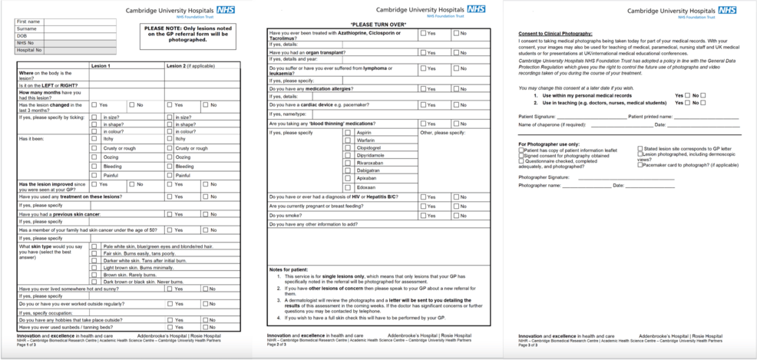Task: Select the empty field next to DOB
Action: pos(85,36)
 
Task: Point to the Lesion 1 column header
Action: pos(101,66)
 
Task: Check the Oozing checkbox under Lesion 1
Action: pos(94,157)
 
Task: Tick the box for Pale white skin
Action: pos(94,246)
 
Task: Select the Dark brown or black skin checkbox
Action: pos(94,281)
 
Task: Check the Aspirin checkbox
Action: pos(347,133)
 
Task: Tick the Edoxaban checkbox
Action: pos(347,187)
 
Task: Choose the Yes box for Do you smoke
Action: pos(422,216)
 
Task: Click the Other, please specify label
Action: pos(443,133)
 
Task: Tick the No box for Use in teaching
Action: pos(702,102)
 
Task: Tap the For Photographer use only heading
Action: pos(548,144)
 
